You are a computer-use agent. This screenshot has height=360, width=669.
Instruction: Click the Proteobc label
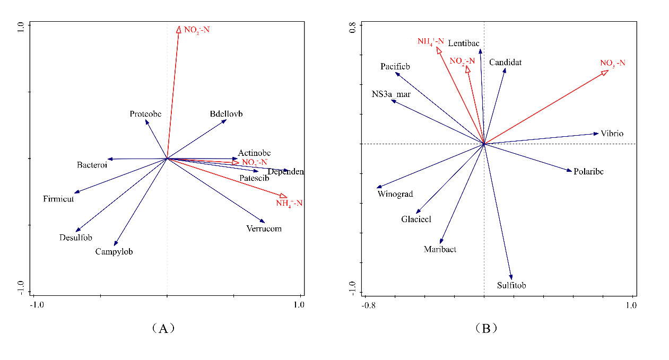[145, 114]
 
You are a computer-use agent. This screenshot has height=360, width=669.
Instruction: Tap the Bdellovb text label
[226, 114]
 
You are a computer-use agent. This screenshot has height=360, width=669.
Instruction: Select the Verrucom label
[264, 229]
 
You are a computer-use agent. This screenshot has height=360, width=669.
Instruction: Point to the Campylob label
[114, 252]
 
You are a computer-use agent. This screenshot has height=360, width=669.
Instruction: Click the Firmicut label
[58, 199]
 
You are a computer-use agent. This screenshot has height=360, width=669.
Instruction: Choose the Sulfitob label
[511, 286]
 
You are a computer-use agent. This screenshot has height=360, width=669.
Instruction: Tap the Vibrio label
[612, 134]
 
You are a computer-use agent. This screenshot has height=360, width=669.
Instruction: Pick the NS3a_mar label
[391, 94]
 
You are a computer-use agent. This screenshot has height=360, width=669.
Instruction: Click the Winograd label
[395, 194]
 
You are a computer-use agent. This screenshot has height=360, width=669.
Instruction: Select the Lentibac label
[464, 43]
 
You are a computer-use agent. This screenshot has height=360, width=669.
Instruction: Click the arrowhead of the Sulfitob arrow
[511, 278]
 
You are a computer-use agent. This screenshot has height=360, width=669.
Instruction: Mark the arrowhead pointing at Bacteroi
[108, 159]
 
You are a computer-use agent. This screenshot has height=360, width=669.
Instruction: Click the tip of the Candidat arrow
[505, 68]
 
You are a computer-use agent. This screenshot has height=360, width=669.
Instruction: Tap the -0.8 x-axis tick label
[369, 306]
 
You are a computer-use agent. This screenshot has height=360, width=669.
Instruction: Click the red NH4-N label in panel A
[289, 203]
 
